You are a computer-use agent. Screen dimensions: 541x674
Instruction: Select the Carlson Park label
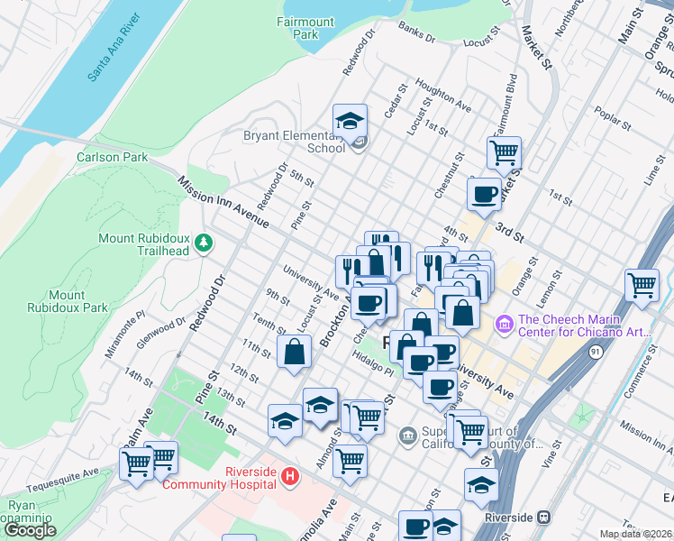112,157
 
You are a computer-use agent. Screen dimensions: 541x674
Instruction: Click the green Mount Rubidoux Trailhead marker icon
205,242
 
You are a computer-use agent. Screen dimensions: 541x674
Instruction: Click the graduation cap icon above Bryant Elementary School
350,120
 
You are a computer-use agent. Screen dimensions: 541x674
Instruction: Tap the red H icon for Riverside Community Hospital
289,475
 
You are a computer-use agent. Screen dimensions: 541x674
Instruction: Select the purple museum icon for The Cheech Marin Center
504,322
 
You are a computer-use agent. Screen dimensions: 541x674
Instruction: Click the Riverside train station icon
543,518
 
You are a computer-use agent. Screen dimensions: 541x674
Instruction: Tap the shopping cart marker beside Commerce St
642,285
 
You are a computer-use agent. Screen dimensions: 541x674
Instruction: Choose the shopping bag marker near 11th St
295,353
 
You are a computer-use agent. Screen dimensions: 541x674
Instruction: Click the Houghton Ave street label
449,101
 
